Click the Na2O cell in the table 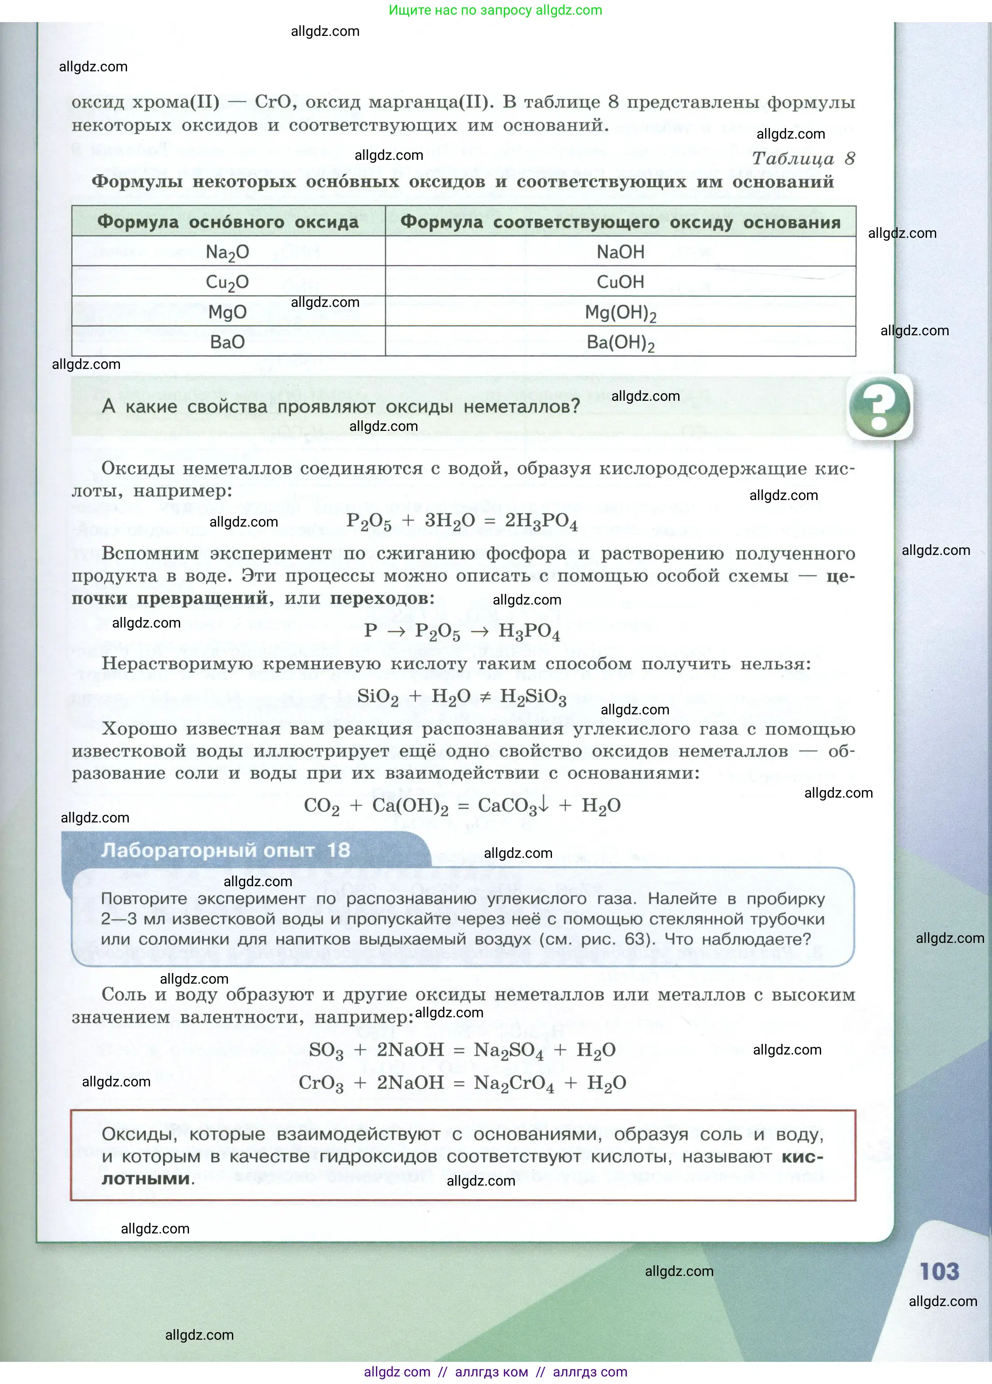[227, 252]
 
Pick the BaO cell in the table [227, 342]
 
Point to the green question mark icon [879, 407]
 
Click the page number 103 [939, 1272]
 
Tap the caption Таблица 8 [803, 159]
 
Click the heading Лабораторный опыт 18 [226, 850]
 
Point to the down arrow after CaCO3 [544, 805]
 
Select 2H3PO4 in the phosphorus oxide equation [540, 521]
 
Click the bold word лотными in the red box [146, 1179]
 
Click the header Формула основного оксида [228, 221]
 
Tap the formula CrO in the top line [273, 101]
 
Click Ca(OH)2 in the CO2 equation [410, 806]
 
